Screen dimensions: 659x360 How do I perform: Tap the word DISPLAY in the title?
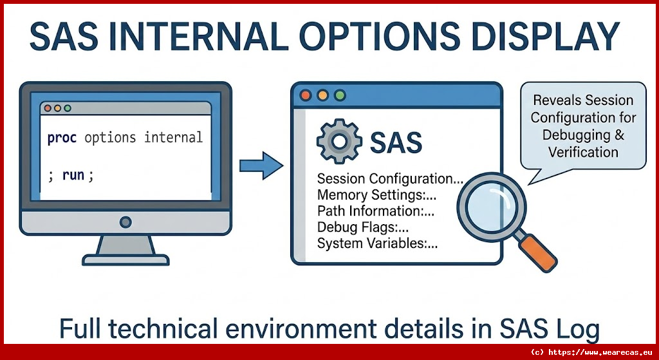546,36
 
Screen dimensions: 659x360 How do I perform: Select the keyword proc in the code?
62,138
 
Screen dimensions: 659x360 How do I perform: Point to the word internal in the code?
173,137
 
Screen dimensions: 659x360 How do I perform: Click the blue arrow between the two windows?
261,166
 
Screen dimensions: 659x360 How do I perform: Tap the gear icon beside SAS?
339,141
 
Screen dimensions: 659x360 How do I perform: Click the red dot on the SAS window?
306,95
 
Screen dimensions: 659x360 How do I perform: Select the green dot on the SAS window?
340,95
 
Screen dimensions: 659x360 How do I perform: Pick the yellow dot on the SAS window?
323,95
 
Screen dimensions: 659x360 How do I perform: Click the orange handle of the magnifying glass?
537,252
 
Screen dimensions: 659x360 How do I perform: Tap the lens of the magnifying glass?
492,207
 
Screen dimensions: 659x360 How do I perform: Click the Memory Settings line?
377,195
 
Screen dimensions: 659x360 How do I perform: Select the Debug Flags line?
363,227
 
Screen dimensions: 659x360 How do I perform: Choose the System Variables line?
377,243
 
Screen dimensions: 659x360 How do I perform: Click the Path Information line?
376,211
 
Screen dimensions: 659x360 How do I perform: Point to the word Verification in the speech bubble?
583,152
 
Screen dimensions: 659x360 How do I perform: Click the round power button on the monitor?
125,222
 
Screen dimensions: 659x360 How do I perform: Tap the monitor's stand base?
125,260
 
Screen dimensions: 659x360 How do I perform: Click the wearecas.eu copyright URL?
592,352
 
